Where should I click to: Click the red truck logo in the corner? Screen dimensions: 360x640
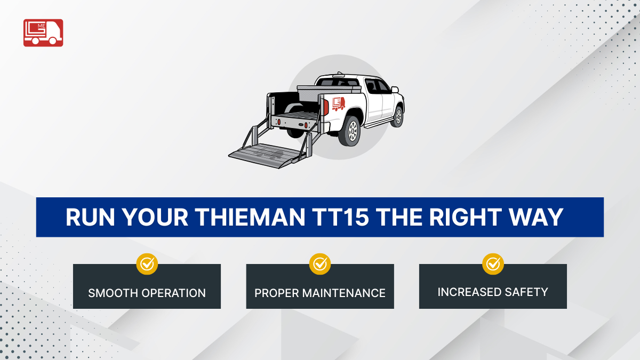point(43,33)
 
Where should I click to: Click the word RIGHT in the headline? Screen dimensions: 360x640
point(460,217)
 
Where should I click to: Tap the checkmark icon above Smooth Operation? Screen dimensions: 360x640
point(147,263)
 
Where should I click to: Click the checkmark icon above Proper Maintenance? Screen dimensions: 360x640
point(320,263)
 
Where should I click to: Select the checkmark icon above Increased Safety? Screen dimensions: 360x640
point(493,263)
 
